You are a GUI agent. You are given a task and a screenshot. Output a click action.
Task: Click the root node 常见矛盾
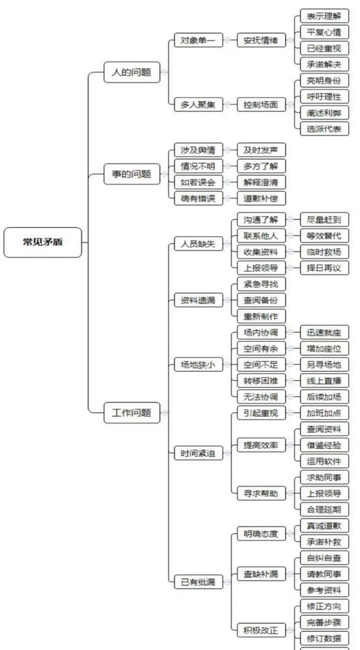[x=43, y=243]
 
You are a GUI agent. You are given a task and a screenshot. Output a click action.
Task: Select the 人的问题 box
[x=132, y=72]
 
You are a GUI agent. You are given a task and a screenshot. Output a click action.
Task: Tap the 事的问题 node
[x=132, y=174]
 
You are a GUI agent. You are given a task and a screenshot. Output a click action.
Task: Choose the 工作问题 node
[x=132, y=412]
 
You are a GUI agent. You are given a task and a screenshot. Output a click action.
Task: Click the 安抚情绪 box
[x=261, y=41]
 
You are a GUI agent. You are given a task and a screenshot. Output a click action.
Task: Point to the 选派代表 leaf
[x=324, y=129]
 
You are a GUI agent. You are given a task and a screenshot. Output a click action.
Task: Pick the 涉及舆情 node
[x=199, y=150]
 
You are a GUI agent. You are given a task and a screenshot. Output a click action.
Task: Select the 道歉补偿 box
[x=261, y=198]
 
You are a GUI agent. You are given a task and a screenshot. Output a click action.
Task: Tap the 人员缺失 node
[x=199, y=244]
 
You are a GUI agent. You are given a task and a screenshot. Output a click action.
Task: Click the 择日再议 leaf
[x=324, y=268]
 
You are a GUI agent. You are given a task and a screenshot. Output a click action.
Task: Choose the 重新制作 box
[x=261, y=317]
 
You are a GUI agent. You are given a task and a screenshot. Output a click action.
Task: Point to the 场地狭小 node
[x=199, y=365]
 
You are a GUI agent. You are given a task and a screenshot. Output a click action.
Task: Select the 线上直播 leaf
[x=324, y=380]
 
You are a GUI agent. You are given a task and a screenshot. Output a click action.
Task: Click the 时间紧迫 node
[x=199, y=454]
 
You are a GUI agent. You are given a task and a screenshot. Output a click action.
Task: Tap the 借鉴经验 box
[x=324, y=445]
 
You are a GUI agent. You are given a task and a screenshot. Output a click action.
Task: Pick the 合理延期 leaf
[x=324, y=508]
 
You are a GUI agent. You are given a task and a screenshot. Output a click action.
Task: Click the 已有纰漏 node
[x=199, y=582]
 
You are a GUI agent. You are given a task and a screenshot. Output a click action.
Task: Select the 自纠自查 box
[x=324, y=558]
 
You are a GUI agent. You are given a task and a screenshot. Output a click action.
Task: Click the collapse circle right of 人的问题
[x=165, y=72]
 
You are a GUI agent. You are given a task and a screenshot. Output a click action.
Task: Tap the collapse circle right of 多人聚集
[x=227, y=105]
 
